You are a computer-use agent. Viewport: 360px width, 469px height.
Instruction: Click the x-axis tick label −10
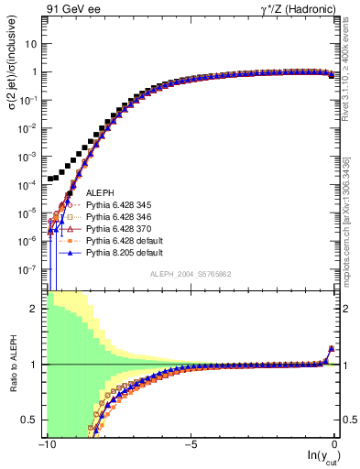[x=46, y=444]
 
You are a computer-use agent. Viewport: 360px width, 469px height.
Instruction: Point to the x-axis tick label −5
[x=190, y=444]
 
